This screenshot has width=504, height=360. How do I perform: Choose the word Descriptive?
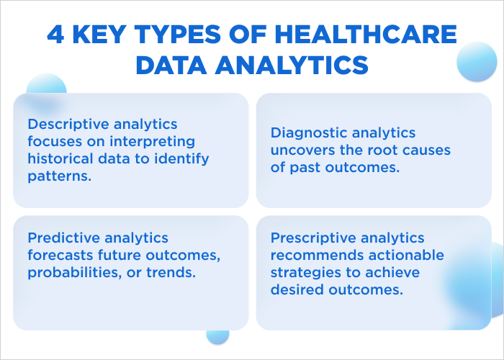67,125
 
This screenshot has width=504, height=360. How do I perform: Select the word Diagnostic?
310,132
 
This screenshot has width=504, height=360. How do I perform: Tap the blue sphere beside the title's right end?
477,61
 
